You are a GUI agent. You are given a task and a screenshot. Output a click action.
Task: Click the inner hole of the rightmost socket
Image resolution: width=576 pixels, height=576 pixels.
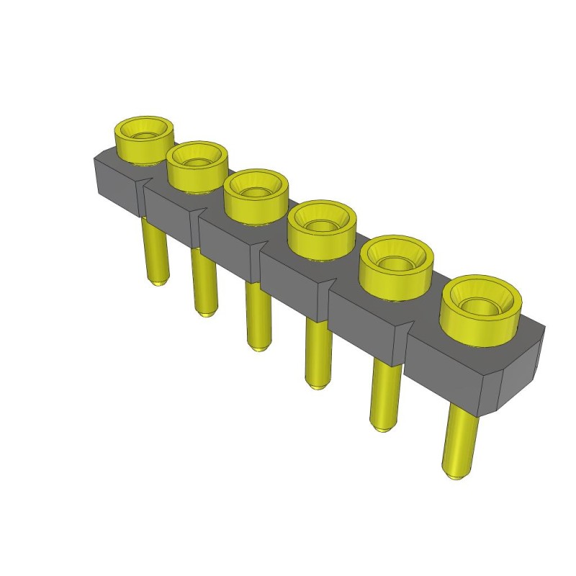[480, 305]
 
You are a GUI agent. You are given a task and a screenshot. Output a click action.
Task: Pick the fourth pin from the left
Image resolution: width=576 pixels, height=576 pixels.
[315, 353]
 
